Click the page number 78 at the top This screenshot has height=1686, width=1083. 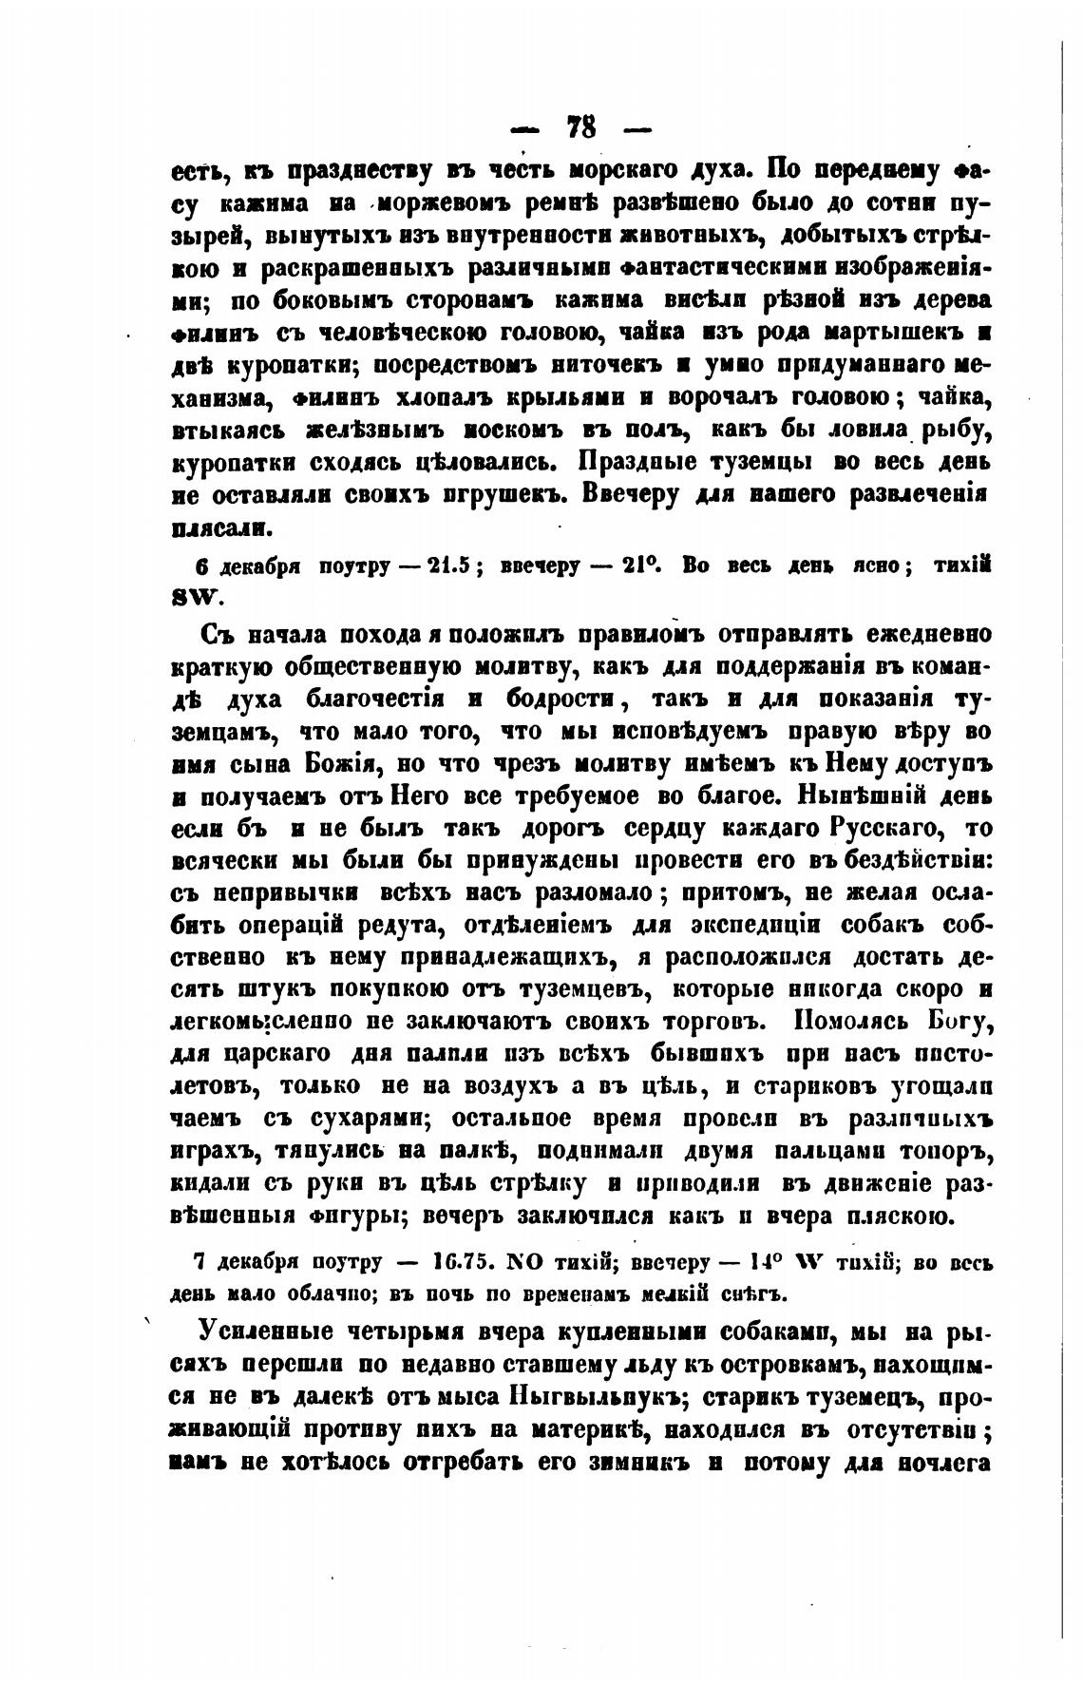(x=580, y=126)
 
